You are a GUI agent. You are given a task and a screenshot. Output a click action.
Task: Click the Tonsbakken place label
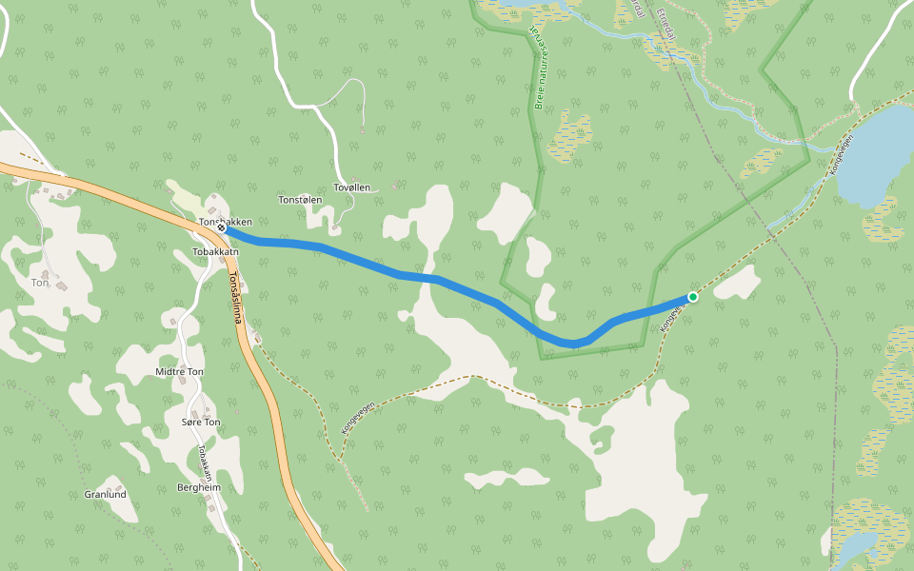pos(227,222)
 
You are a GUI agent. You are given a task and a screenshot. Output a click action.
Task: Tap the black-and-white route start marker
pos(221,228)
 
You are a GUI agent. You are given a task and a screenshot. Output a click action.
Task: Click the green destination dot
pos(693,297)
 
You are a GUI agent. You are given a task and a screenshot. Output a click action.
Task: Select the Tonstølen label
pos(300,201)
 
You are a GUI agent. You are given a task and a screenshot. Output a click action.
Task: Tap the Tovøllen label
pos(352,188)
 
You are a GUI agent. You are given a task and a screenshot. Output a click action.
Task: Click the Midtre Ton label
pos(179,372)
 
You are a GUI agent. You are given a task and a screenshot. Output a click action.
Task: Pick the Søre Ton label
pos(200,422)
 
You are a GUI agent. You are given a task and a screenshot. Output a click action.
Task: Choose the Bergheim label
pos(199,487)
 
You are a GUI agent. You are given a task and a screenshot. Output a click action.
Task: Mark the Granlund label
pos(105,495)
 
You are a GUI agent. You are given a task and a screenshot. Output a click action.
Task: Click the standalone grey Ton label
pos(40,283)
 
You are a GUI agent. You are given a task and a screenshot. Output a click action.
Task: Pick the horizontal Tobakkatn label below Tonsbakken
pos(213,252)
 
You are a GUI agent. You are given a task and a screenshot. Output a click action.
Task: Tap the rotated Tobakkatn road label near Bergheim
pos(204,463)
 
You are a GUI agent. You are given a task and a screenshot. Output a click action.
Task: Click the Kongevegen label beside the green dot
pos(672,318)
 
